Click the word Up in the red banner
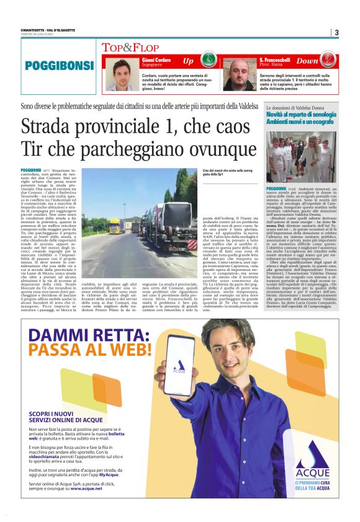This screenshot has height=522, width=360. (188, 61)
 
